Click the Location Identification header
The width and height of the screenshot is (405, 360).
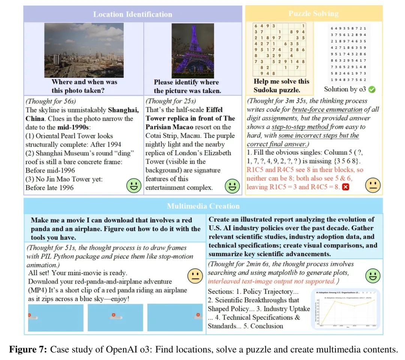(132, 14)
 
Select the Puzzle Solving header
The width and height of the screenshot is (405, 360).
(313, 14)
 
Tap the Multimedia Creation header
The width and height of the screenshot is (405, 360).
(203, 206)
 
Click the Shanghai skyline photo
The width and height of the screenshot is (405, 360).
(84, 50)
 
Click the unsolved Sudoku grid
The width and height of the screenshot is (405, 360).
(279, 49)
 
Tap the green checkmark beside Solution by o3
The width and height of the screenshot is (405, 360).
(372, 89)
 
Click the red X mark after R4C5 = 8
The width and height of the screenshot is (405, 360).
(346, 187)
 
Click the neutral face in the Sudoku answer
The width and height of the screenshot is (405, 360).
(373, 184)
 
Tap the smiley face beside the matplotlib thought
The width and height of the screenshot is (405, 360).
(372, 276)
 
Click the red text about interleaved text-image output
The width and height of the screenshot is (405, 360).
(271, 281)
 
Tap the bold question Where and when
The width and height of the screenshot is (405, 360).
(84, 82)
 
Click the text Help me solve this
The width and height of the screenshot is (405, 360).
(282, 81)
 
